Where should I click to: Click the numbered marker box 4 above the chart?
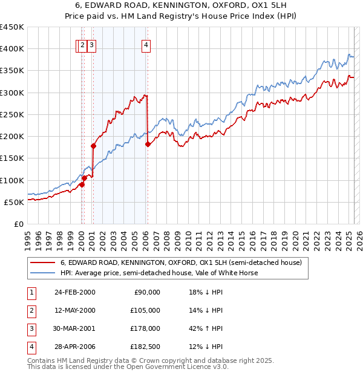147,44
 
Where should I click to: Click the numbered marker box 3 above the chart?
91,44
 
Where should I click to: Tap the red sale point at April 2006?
148,144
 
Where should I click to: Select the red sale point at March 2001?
93,146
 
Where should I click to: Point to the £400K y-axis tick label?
12,49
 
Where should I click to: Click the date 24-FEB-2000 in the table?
74,292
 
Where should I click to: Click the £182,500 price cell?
146,347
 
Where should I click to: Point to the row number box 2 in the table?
30,310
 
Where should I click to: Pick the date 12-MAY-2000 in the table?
74,310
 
